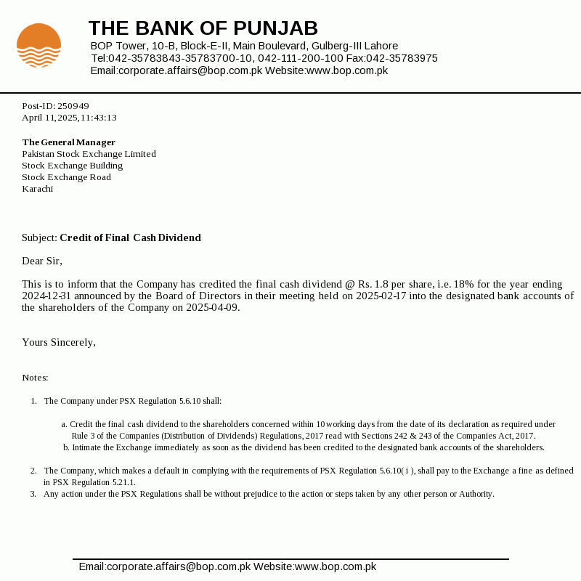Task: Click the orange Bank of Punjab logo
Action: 38,45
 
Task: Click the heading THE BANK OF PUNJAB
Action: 203,28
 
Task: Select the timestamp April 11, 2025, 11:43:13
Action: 69,118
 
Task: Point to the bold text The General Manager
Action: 68,142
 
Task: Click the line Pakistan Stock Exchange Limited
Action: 89,154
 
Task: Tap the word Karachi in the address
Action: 37,189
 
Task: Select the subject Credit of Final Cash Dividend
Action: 130,237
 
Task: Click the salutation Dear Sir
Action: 42,261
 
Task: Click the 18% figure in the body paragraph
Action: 443,284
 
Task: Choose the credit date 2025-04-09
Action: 212,307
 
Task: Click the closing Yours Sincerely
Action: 58,342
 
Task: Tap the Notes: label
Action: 35,378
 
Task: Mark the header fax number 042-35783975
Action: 402,58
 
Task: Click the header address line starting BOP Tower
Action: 244,46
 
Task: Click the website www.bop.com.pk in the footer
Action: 335,566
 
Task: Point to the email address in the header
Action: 176,70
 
